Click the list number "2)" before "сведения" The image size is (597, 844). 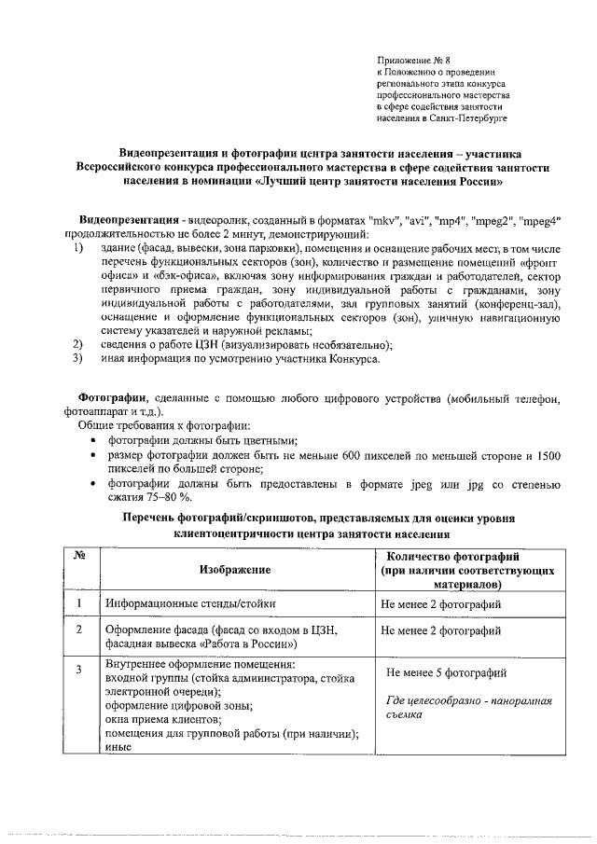click(79, 343)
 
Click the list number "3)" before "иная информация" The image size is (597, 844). click(79, 356)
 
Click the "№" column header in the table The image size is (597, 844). click(80, 557)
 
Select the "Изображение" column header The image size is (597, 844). click(234, 569)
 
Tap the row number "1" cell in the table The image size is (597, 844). click(80, 603)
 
